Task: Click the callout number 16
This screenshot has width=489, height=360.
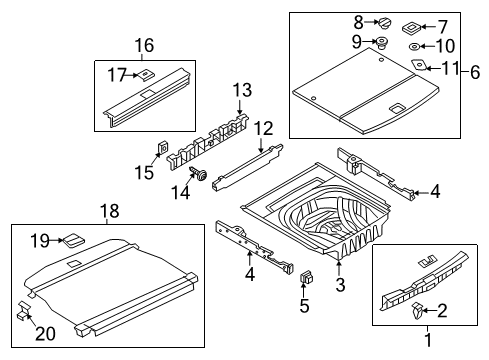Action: point(144,46)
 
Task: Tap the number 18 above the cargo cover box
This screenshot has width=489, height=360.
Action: point(110,211)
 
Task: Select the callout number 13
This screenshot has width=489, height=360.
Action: point(242,90)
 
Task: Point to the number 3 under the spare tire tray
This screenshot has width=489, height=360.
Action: point(340,285)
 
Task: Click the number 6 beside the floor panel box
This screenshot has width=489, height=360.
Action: point(475,72)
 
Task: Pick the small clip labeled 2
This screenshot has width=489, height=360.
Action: point(417,311)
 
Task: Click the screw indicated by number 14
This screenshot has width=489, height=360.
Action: point(199,174)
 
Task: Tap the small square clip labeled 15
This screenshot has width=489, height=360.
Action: point(162,148)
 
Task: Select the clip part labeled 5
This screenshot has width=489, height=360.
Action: point(307,277)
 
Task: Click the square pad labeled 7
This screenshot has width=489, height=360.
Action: point(411,28)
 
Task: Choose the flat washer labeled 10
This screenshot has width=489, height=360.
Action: point(414,47)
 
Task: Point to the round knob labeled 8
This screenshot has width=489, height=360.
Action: point(384,23)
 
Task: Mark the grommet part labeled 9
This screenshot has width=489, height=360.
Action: point(381,43)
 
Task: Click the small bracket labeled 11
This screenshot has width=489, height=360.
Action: point(419,64)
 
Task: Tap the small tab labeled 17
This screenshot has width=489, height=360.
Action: point(144,74)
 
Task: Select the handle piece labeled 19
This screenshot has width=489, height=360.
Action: point(74,240)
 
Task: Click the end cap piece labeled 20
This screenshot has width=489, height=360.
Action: point(23,310)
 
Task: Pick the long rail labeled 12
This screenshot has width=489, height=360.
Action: point(247,166)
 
